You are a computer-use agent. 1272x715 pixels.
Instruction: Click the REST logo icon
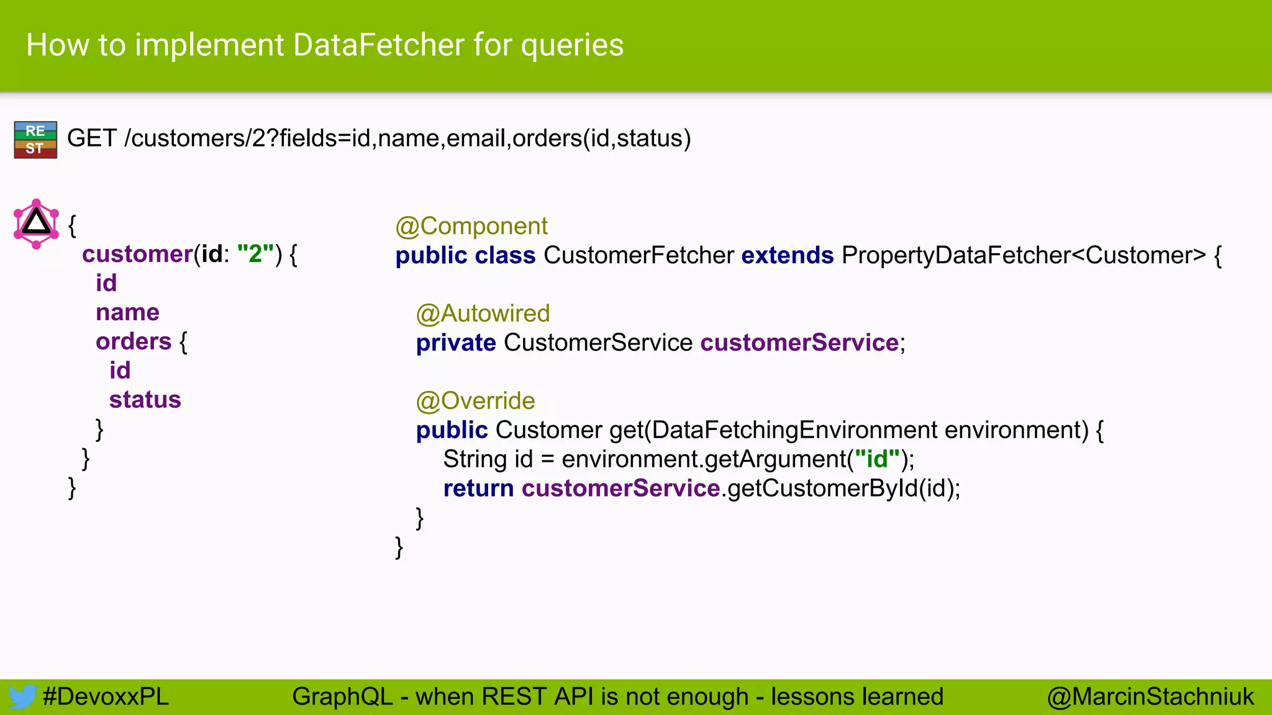coord(35,140)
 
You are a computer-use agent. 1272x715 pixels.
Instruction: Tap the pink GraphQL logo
coord(36,223)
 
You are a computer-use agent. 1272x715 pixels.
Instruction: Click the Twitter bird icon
coord(22,697)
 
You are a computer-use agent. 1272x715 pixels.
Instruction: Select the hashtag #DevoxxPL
coord(106,697)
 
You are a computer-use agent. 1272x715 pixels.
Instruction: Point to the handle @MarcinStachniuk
coord(1150,697)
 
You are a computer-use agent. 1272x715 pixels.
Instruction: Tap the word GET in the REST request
coord(92,138)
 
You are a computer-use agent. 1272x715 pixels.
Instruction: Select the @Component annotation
coord(471,227)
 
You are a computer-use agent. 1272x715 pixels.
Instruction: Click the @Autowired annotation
coord(483,314)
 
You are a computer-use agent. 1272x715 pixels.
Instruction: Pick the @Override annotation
coord(475,402)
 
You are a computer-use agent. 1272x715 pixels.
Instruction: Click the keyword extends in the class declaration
coord(787,256)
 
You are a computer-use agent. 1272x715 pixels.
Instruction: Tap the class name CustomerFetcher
coord(638,256)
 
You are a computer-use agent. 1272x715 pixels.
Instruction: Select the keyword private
coord(456,343)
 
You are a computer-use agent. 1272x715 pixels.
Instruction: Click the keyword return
coord(478,489)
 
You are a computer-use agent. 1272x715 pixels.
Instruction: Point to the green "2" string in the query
coord(256,254)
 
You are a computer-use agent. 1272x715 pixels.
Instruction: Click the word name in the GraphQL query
coord(127,313)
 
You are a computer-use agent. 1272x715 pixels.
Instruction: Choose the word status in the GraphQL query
coord(145,400)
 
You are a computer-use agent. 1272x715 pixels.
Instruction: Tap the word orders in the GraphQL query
coord(134,342)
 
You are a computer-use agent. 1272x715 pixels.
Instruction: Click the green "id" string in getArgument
coord(877,460)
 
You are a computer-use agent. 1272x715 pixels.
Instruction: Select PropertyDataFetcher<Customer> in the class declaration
coord(1024,256)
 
